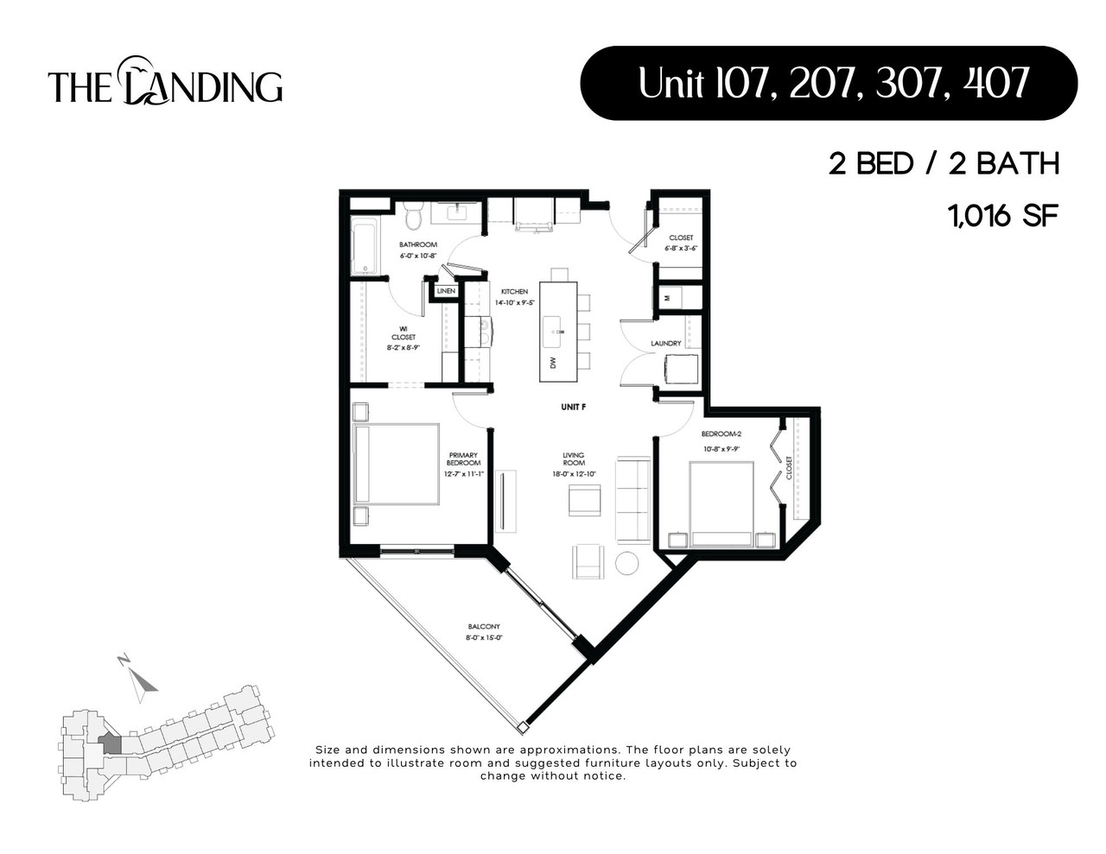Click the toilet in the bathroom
[x=412, y=216]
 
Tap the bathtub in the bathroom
[x=364, y=246]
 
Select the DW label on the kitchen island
[x=553, y=362]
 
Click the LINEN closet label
[x=446, y=291]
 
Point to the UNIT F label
[x=573, y=406]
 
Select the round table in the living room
[x=626, y=562]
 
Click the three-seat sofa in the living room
[x=632, y=500]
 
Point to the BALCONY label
[x=484, y=627]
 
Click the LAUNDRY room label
[x=666, y=344]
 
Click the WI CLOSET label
[x=404, y=332]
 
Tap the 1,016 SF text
[x=1004, y=216]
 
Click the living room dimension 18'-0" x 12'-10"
[x=574, y=474]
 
